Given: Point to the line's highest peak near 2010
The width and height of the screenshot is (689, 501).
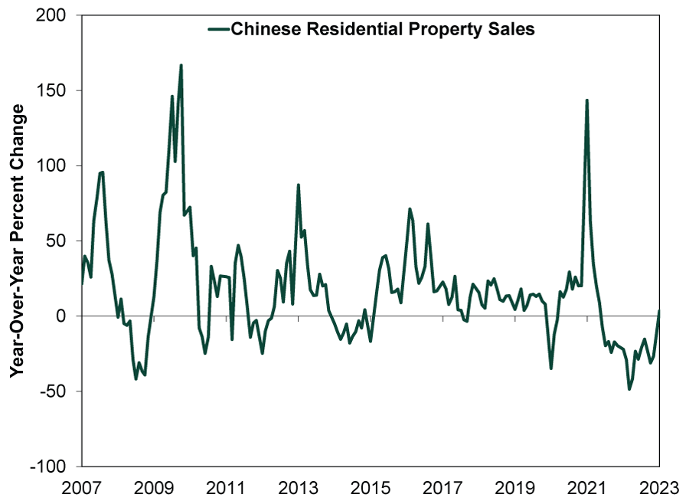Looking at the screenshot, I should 181,65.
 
